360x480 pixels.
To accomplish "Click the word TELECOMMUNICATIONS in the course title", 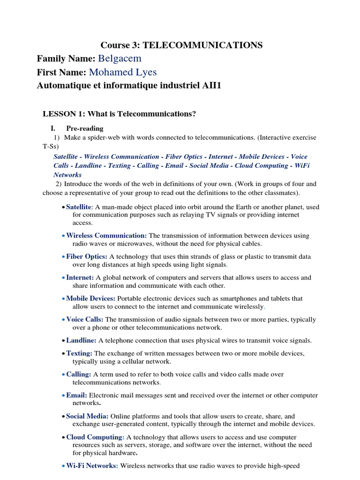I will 202,45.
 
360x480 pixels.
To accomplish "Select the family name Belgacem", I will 120,59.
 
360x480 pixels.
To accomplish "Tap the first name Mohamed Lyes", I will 123,72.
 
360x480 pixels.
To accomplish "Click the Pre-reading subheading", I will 85,128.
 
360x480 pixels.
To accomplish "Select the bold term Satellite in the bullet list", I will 78,207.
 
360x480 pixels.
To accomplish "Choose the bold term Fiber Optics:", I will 87,257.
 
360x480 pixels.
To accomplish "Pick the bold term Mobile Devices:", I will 91,299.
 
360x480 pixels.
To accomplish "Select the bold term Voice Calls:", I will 85,320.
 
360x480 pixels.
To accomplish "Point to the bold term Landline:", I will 81,341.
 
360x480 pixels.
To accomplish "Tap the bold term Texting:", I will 79,353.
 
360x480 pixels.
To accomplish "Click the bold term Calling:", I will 79,375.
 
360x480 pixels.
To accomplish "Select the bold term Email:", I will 76,396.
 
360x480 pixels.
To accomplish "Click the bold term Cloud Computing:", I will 95,437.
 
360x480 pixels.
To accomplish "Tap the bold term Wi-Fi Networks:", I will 92,466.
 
